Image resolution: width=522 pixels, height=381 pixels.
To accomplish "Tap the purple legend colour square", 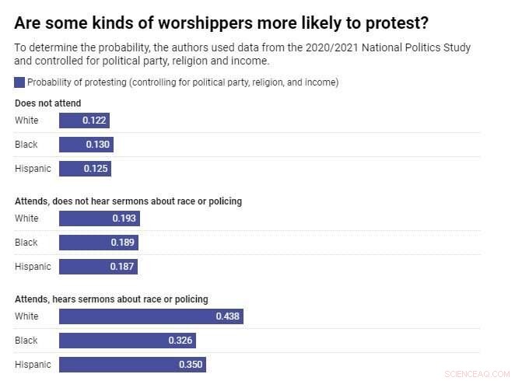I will click(19, 82).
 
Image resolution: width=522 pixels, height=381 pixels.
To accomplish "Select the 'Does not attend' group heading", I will click(47, 103).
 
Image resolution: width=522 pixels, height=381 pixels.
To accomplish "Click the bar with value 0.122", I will click(84, 121).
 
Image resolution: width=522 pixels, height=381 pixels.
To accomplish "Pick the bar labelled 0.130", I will click(86, 145).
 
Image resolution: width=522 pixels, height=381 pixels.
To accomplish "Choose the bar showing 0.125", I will click(85, 169).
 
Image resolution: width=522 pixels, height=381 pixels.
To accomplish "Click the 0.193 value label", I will click(124, 218).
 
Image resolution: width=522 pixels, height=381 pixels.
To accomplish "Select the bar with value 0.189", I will click(98, 243).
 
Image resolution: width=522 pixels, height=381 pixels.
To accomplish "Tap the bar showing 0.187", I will click(98, 267).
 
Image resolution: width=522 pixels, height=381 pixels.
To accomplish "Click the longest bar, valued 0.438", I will click(151, 316).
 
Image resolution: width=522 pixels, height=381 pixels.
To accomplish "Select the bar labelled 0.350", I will click(132, 365).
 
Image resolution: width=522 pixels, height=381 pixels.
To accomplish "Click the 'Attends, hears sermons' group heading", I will click(111, 299).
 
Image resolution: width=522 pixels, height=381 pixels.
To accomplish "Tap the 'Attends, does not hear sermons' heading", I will click(128, 201).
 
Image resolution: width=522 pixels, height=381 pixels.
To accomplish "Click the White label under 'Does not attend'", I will click(26, 121).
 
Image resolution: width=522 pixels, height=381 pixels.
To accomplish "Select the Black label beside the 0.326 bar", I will click(26, 341).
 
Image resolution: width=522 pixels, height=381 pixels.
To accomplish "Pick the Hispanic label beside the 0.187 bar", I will click(33, 267).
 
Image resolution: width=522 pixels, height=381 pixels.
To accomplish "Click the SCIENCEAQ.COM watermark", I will click(475, 374).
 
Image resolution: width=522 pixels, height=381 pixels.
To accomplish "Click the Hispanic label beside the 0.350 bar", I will click(33, 365).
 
